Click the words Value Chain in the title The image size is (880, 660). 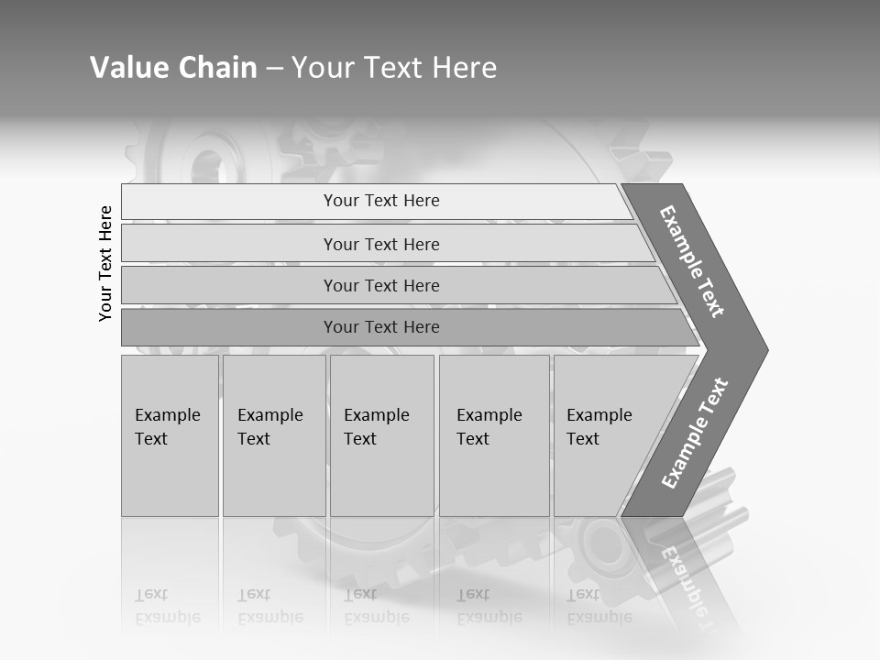173,68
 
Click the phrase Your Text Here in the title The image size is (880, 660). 394,68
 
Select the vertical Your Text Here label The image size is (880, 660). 105,263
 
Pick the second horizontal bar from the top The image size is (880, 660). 381,244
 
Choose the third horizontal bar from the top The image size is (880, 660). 381,285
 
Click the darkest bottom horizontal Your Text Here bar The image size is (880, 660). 381,327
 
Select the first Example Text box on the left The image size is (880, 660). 170,435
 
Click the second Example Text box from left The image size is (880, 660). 273,435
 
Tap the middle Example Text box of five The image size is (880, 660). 381,435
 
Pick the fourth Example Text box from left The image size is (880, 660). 493,435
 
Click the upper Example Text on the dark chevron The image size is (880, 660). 693,261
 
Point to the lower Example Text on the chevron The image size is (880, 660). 695,434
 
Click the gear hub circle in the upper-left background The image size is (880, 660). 205,167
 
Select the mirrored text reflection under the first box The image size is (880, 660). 167,606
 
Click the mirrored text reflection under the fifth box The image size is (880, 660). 599,606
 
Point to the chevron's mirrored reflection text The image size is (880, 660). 683,577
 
